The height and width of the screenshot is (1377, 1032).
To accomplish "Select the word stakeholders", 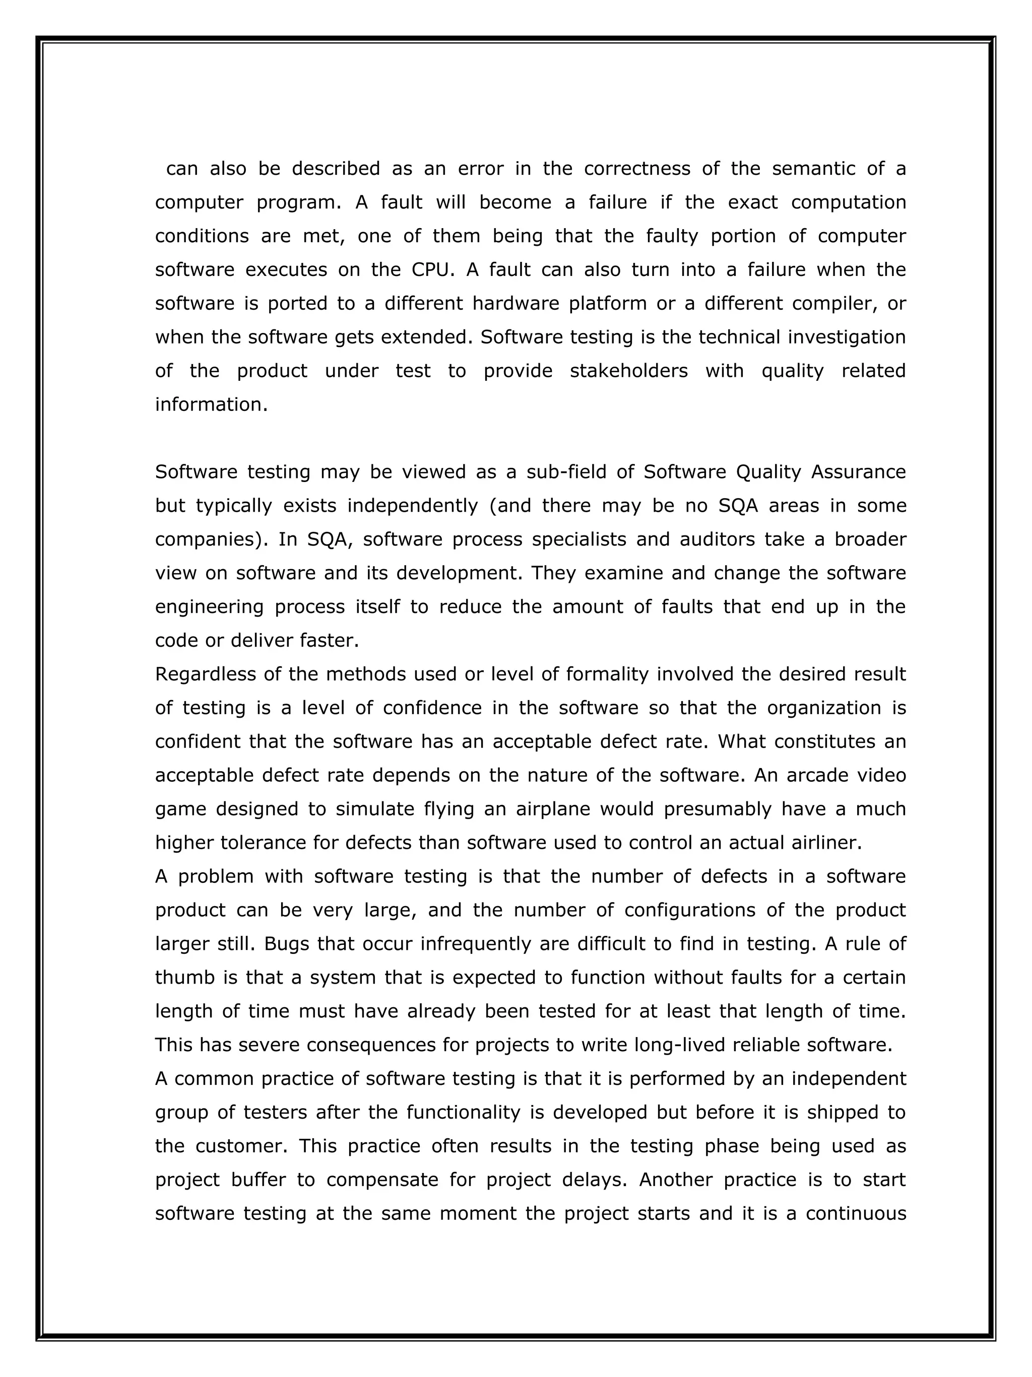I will pyautogui.click(x=628, y=371).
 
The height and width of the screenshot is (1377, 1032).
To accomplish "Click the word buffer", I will pyautogui.click(x=259, y=1180).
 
